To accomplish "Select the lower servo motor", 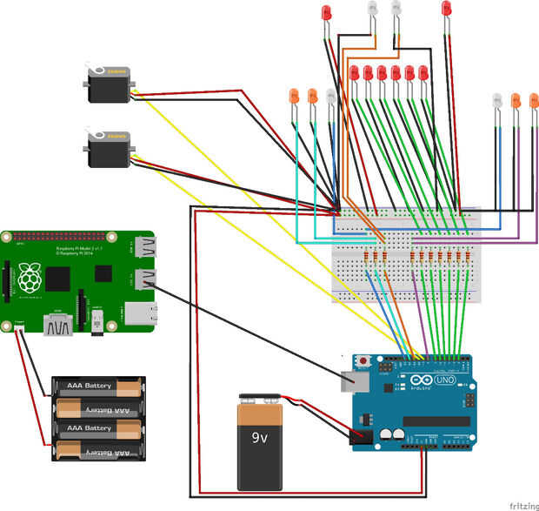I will [x=110, y=150].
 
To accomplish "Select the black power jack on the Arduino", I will [x=360, y=437].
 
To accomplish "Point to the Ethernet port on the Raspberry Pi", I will [x=143, y=313].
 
